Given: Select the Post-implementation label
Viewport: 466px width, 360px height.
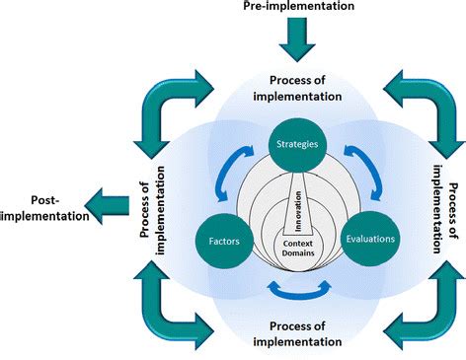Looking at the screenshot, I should (x=41, y=205).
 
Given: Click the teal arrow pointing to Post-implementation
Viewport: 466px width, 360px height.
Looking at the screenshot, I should (x=108, y=205).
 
